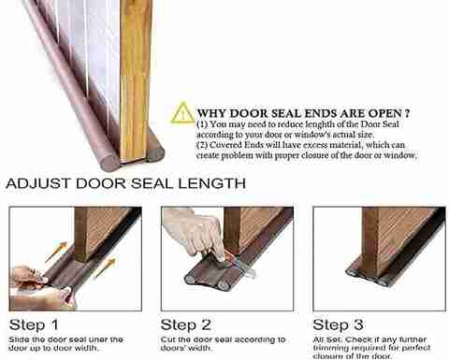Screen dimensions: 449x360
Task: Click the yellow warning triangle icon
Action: click(182, 113)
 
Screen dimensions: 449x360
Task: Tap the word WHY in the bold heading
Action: click(212, 113)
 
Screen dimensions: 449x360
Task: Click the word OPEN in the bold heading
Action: click(384, 113)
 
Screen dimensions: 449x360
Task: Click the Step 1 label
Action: click(34, 324)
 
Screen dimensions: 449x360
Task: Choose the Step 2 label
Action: click(186, 324)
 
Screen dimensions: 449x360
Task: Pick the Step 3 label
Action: click(338, 324)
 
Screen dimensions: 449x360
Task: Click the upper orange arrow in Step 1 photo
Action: click(56, 252)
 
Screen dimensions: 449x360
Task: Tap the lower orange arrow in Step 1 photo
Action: click(105, 268)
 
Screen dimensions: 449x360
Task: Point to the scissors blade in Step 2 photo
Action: click(245, 269)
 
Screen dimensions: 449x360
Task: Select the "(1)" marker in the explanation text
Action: click(202, 124)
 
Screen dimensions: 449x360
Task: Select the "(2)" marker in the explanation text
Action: click(202, 145)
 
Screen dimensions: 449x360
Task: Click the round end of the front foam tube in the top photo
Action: click(109, 162)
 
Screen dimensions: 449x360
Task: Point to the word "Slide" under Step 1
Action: click(19, 339)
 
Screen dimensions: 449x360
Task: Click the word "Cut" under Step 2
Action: click(168, 339)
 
